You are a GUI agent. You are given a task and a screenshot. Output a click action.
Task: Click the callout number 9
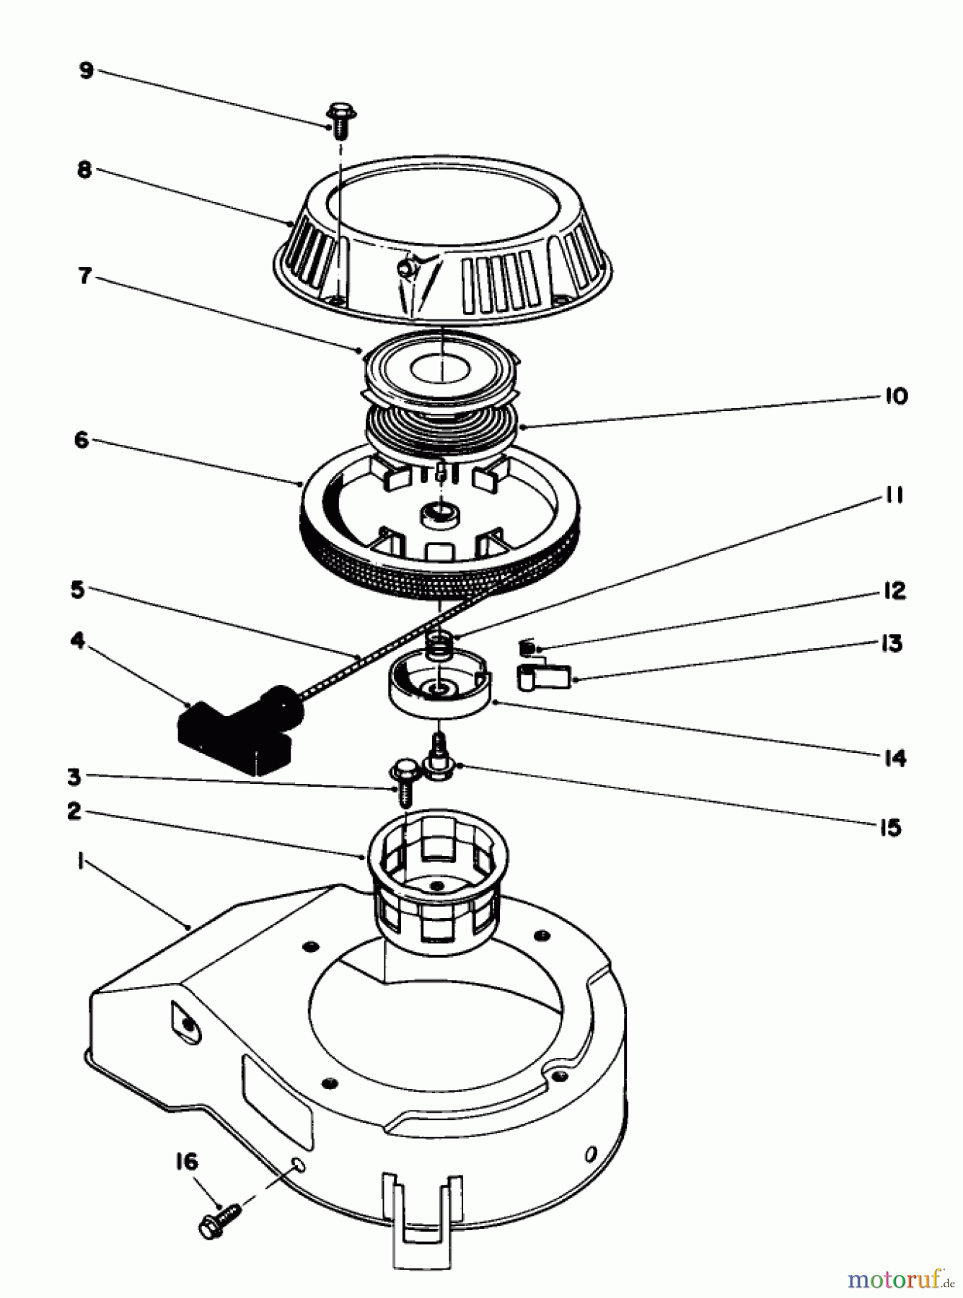click(86, 71)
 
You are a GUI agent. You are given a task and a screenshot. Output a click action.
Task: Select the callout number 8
click(84, 170)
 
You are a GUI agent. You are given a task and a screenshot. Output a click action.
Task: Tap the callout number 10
click(895, 396)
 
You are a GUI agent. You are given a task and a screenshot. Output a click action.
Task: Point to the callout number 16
click(185, 1162)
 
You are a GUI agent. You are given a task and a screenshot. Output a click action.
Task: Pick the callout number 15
click(891, 827)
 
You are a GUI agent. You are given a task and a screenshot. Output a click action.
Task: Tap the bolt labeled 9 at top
click(339, 120)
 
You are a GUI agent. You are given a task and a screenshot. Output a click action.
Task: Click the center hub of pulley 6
click(436, 515)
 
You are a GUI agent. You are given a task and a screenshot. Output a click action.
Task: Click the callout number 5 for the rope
click(77, 589)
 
